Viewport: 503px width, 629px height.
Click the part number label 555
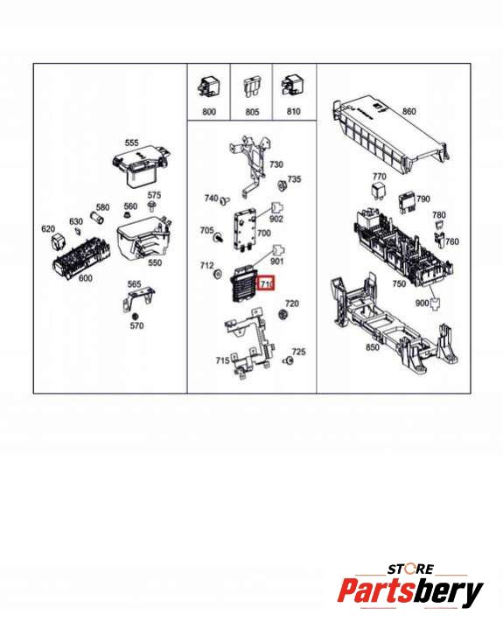(x=131, y=143)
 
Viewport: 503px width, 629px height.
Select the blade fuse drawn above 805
(x=252, y=89)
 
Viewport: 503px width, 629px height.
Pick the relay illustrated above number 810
(x=291, y=87)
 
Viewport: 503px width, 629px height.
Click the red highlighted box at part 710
(x=266, y=283)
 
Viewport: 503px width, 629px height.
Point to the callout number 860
(x=409, y=111)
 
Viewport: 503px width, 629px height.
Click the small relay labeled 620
(x=58, y=242)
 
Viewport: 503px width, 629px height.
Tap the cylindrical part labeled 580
(x=97, y=219)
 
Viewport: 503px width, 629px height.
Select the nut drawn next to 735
(x=282, y=185)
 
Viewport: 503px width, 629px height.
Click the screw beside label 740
(x=226, y=199)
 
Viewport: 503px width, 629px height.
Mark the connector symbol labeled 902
(x=277, y=208)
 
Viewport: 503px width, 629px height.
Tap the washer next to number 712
(x=218, y=275)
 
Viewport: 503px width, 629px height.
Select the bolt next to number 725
(x=288, y=360)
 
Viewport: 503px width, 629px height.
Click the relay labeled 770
(x=378, y=191)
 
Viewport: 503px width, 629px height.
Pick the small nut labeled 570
(x=136, y=316)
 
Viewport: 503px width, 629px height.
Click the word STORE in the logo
(x=410, y=570)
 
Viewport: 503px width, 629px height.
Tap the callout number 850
(x=373, y=347)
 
